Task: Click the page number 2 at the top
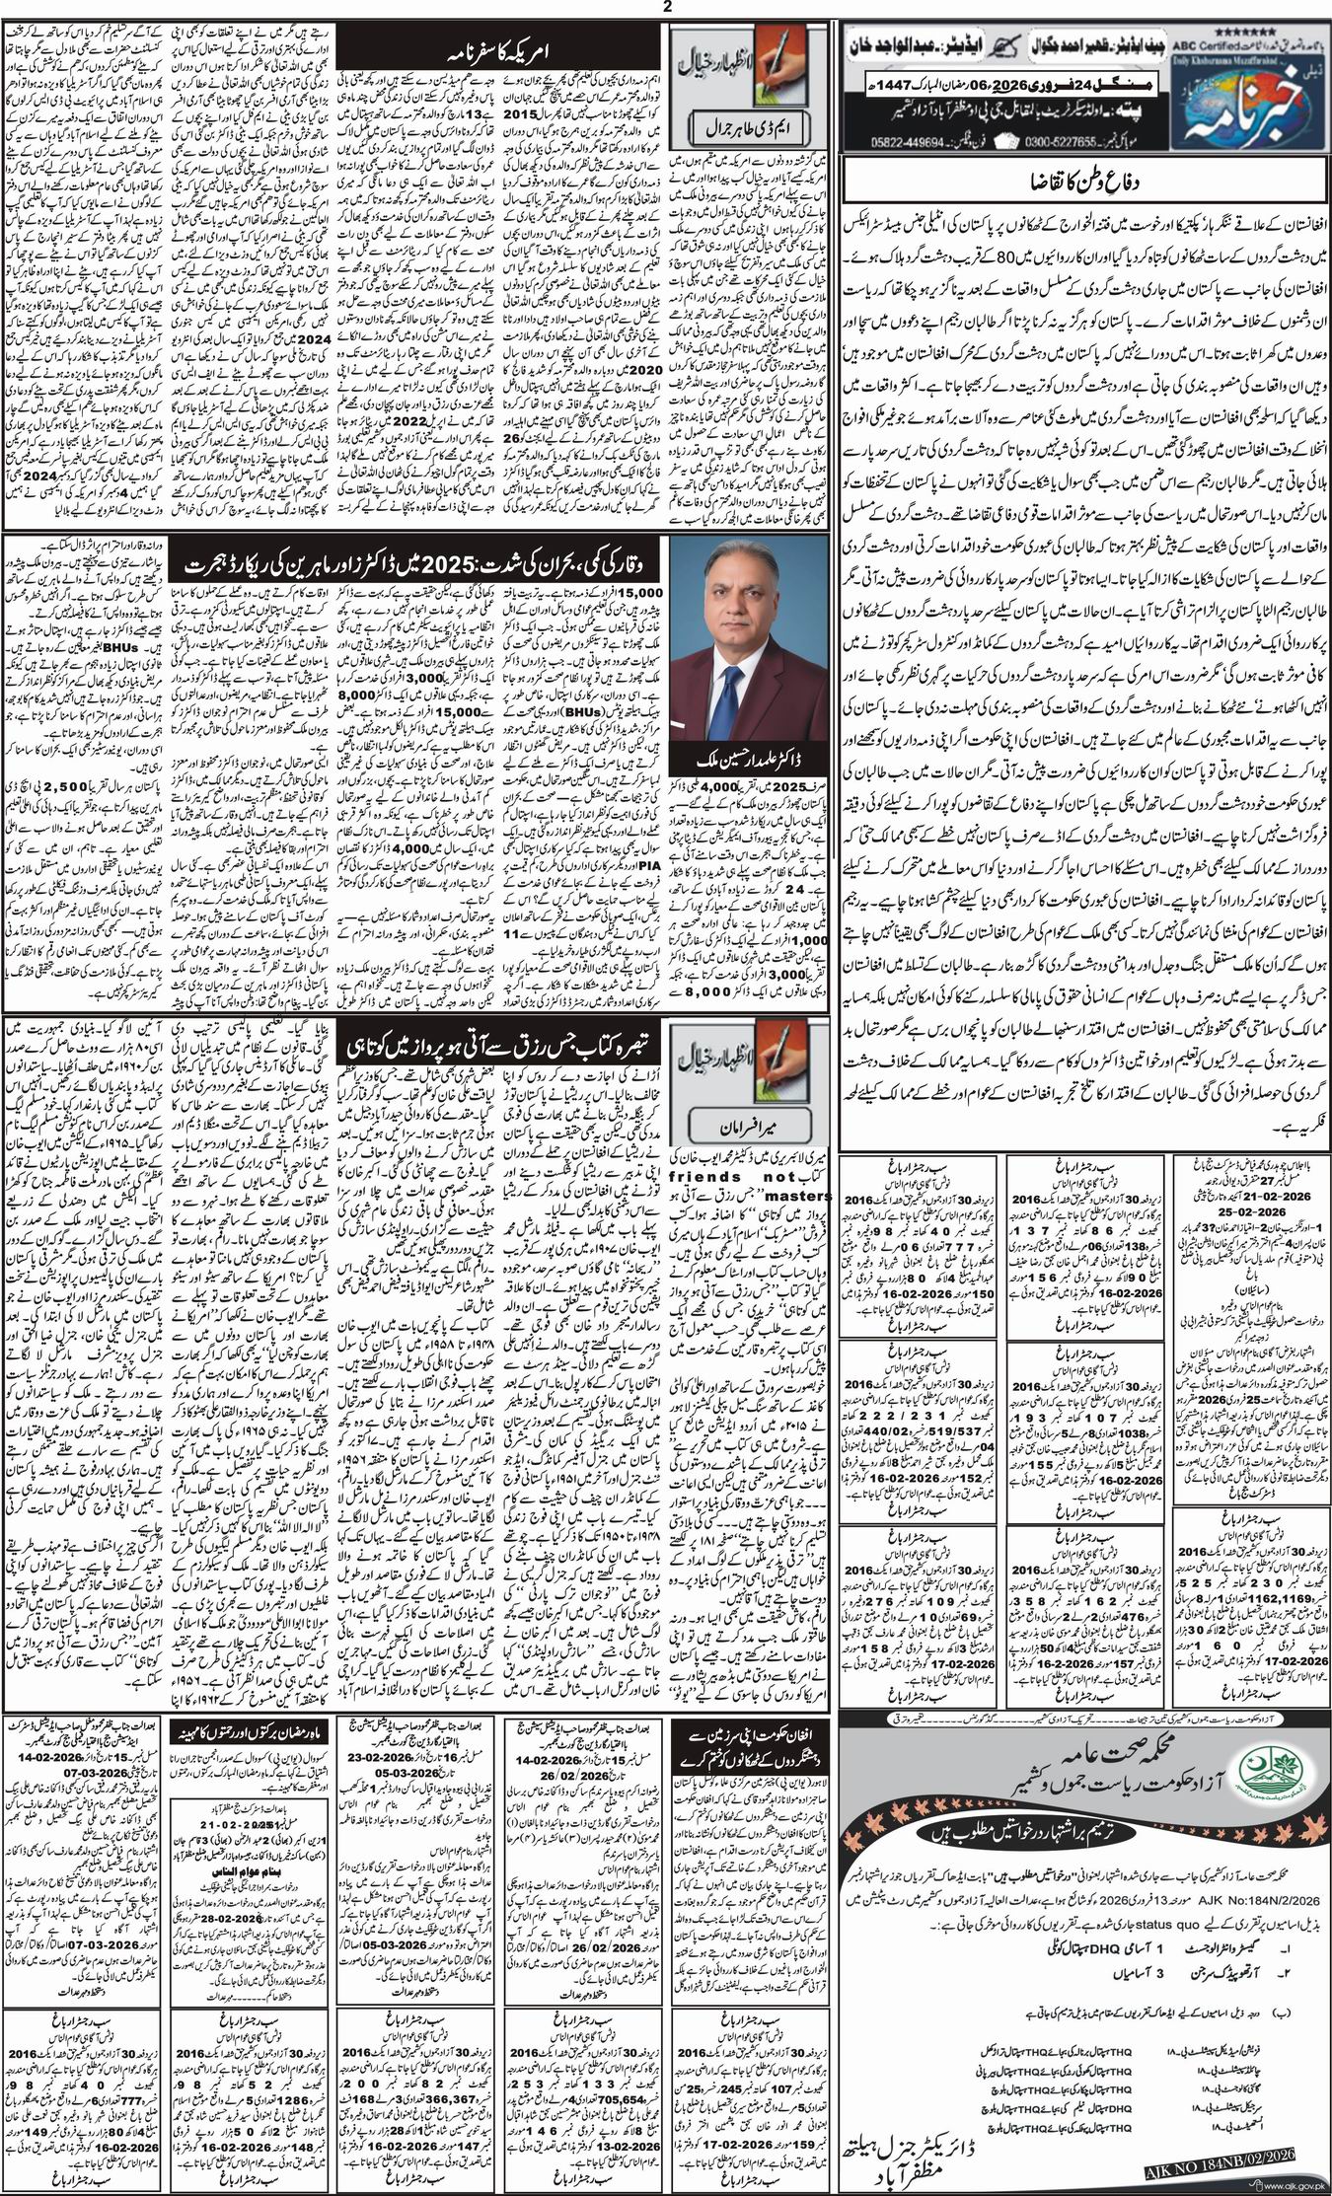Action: point(667,8)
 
